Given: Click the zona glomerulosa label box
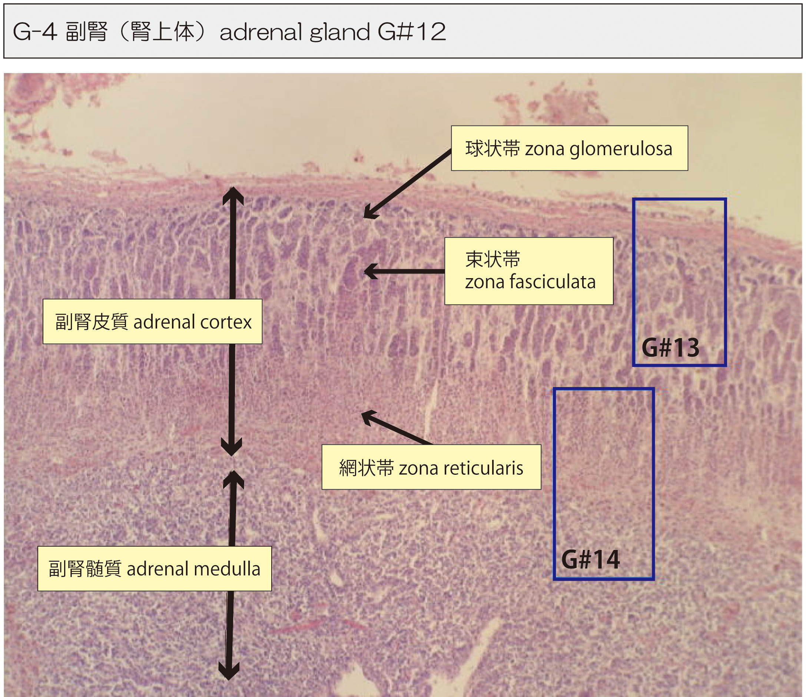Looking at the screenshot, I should (x=569, y=148).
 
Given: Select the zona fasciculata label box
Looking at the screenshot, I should (x=528, y=271).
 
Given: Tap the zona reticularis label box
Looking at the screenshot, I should (x=431, y=467).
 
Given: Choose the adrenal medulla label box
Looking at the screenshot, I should (x=154, y=568).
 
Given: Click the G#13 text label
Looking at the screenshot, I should (x=670, y=347).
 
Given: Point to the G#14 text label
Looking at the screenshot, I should (x=590, y=559).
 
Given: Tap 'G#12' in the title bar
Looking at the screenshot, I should (x=412, y=32).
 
